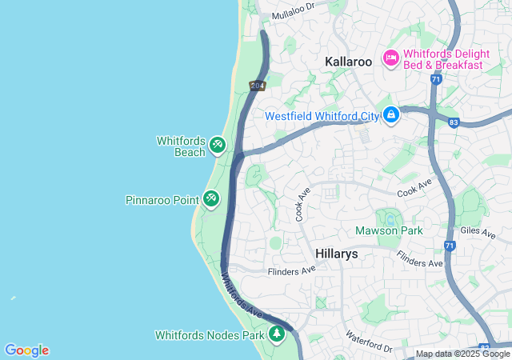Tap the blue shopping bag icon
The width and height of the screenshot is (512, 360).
390,116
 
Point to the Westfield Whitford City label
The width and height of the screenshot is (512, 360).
322,116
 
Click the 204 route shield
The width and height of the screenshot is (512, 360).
257,86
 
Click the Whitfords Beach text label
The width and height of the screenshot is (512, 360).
181,146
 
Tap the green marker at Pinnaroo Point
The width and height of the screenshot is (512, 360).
211,198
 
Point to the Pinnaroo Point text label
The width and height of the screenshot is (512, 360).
162,199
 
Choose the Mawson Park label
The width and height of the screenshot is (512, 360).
389,231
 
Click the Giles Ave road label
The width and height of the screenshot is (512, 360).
478,233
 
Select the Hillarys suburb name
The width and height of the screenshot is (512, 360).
336,254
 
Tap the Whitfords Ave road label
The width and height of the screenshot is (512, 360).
241,295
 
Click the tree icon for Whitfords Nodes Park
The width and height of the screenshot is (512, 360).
277,334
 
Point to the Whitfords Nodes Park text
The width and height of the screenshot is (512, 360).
210,335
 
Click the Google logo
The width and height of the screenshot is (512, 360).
26,350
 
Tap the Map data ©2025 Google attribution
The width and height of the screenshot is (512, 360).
462,354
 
